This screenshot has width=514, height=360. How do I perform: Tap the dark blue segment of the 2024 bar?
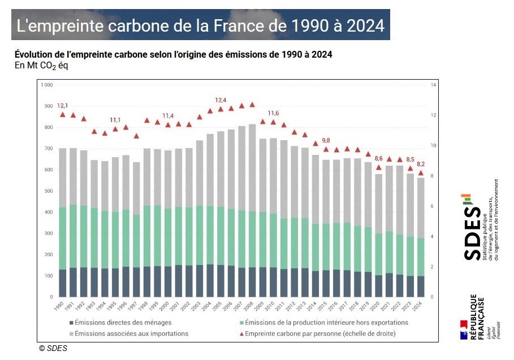click(x=421, y=287)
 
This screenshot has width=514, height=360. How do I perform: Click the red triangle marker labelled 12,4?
click(x=221, y=109)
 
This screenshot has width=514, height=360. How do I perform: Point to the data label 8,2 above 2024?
click(x=421, y=164)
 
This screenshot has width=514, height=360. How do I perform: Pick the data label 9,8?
click(x=326, y=140)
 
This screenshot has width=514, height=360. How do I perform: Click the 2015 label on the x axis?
click(x=325, y=306)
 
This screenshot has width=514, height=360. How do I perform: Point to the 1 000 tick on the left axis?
click(x=47, y=85)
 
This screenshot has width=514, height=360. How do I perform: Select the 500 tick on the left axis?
click(x=49, y=191)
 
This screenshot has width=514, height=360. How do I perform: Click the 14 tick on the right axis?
click(x=433, y=85)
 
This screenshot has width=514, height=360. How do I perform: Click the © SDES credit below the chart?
click(x=53, y=348)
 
